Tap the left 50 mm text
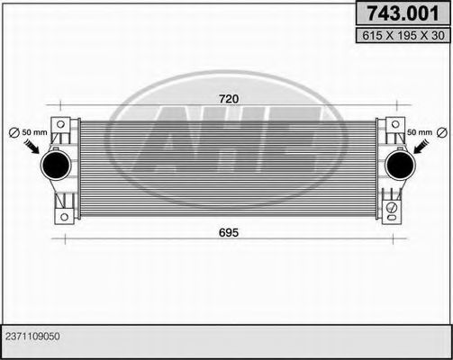point(35,133)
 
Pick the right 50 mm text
point(419,133)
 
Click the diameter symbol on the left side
point(14,133)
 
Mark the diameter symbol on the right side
point(441,133)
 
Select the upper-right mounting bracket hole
point(394,124)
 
